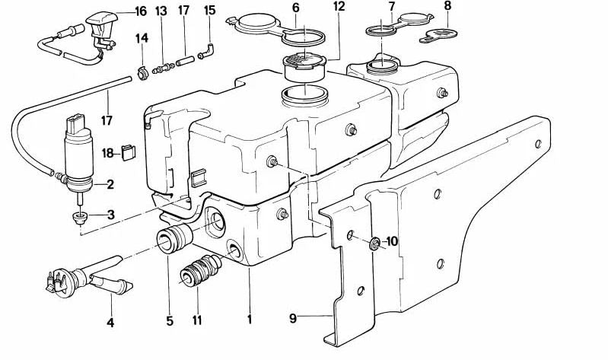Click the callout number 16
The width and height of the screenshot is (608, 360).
tap(140, 12)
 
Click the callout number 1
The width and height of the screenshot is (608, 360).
tap(249, 320)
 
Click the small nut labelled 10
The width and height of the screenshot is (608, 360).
tap(374, 244)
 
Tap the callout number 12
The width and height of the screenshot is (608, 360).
tap(339, 7)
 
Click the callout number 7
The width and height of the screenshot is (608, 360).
tap(392, 7)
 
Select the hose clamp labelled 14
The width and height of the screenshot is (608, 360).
tap(142, 73)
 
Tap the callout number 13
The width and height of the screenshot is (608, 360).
tap(161, 12)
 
